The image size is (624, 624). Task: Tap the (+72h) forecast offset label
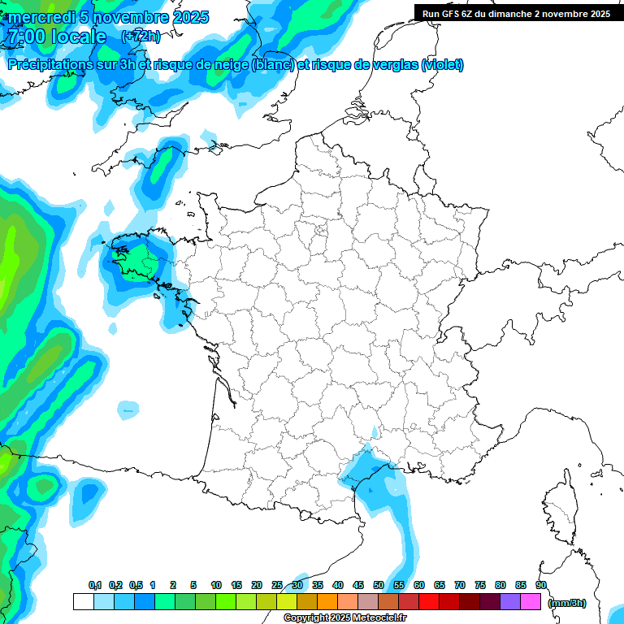click(141, 37)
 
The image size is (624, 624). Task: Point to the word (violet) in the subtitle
click(443, 65)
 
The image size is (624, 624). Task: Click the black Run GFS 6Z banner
click(516, 13)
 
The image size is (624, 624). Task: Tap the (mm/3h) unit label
click(567, 603)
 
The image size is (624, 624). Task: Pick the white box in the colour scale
click(83, 602)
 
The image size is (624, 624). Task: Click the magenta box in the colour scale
click(531, 602)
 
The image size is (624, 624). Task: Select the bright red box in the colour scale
click(429, 602)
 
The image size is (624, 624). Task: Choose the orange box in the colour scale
click(327, 602)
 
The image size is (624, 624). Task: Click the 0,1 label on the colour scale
click(95, 586)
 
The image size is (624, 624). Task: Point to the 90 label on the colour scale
click(541, 586)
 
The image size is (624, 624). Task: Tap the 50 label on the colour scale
click(379, 586)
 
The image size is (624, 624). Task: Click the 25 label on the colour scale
click(277, 586)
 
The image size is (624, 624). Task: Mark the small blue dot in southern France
click(375, 432)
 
